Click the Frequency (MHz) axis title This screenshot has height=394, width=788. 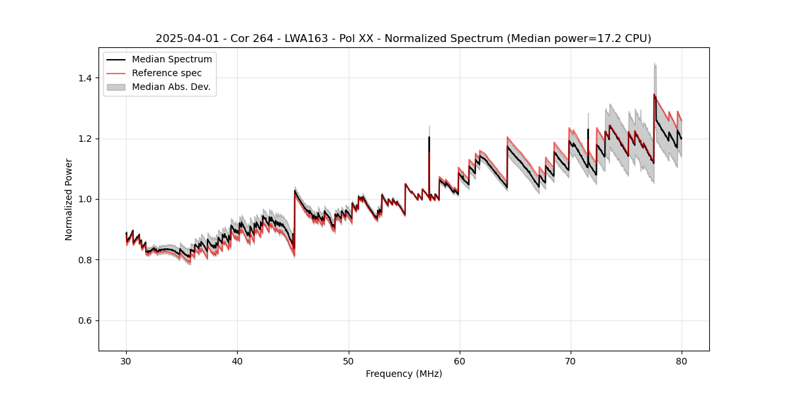tap(404, 374)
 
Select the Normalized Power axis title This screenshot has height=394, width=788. tap(69, 199)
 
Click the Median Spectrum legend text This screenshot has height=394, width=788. tap(172, 60)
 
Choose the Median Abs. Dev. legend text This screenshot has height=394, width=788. tap(171, 87)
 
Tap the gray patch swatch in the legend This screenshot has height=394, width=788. tap(116, 87)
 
